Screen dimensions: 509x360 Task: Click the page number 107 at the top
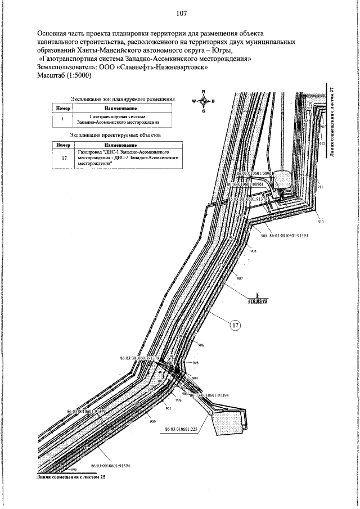[181, 13]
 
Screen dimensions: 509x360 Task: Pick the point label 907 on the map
[240, 279]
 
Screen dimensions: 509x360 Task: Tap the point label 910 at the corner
[321, 223]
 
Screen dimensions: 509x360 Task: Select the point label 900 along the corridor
[152, 421]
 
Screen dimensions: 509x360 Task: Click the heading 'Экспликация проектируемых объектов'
[115, 136]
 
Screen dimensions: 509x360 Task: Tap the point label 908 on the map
[254, 251]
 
